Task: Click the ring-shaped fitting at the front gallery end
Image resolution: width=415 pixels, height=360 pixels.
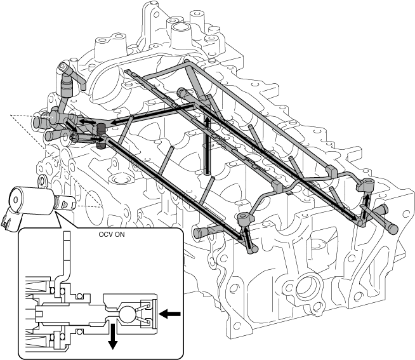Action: click(245, 218)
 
